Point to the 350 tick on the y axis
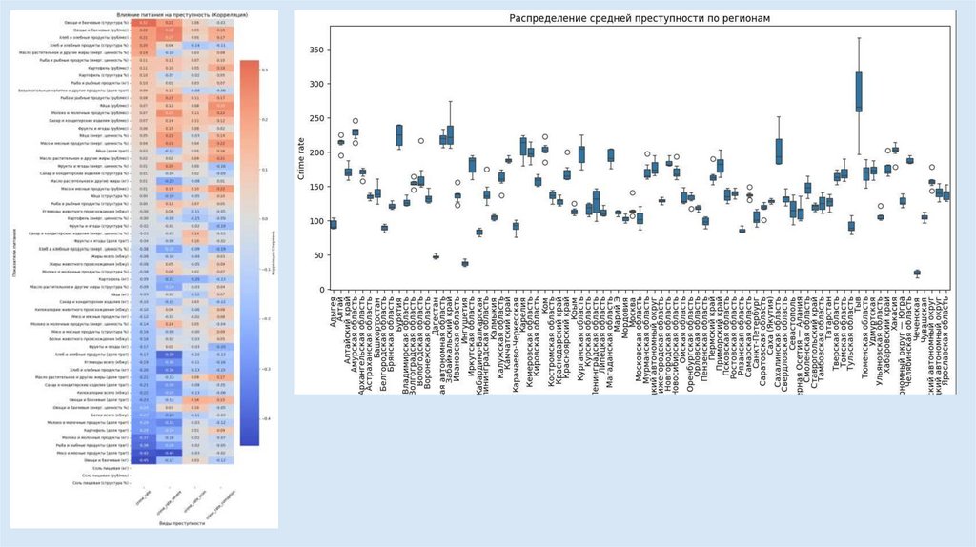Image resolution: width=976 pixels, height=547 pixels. point(317,50)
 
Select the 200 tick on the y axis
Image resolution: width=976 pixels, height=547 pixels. point(317,152)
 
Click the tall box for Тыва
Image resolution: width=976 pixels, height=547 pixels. point(859,91)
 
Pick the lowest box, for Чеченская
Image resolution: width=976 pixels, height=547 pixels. point(917,273)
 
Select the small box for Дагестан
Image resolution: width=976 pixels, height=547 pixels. point(436,256)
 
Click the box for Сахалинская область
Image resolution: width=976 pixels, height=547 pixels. point(778,151)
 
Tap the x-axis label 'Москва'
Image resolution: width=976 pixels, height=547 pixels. point(629,315)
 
